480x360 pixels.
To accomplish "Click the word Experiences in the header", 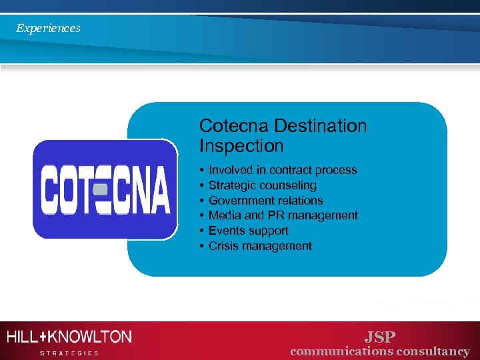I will (x=48, y=28).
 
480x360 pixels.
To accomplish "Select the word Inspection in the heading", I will (x=241, y=145).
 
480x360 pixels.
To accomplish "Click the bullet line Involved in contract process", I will (x=283, y=170).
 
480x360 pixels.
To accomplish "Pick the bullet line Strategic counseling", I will (x=263, y=185).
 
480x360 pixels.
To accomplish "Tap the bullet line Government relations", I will (x=265, y=201).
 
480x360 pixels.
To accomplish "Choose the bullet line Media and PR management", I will (x=283, y=215).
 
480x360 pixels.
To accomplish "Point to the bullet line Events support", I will (x=248, y=231).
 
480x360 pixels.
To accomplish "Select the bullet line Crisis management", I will (x=260, y=246).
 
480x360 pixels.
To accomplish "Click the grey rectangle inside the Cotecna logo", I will (x=101, y=189).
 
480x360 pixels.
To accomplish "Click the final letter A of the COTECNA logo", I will (x=159, y=189).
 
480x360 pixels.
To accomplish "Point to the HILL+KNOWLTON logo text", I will (x=69, y=337).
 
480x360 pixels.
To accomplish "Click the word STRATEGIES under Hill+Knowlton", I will (x=69, y=353).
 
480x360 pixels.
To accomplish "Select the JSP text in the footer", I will (x=379, y=337).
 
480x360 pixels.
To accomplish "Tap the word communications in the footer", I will (x=341, y=351).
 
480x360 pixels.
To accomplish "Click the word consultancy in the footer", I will (x=433, y=351).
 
